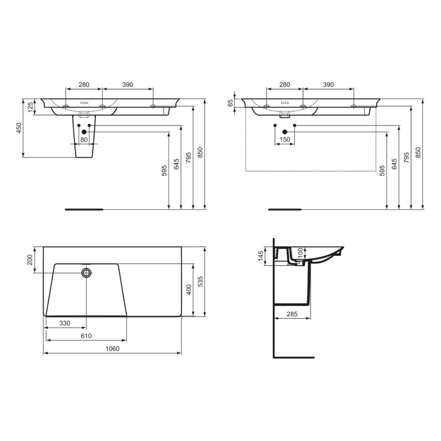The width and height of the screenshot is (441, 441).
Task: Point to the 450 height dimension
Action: pos(19,128)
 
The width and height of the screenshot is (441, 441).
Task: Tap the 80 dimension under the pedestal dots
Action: pos(84,140)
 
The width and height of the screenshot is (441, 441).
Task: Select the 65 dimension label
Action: pos(231,103)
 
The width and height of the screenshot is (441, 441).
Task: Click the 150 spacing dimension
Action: pos(285,140)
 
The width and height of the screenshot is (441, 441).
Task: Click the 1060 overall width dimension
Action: pos(112,348)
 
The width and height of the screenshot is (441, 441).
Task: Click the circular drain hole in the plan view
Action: pos(86,273)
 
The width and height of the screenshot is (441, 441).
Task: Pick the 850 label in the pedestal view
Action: pos(200,154)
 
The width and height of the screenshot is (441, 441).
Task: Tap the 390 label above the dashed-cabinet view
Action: pos(328,84)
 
